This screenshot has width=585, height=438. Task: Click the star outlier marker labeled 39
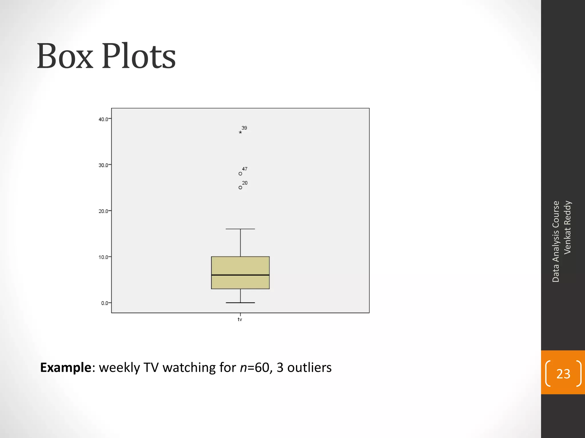click(x=240, y=132)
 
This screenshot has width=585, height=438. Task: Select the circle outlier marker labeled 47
click(x=240, y=174)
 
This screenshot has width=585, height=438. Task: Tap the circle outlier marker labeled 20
click(x=240, y=188)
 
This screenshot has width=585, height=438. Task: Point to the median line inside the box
click(x=240, y=275)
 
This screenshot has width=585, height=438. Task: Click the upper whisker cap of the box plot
click(x=240, y=229)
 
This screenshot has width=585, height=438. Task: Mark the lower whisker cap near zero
click(x=240, y=303)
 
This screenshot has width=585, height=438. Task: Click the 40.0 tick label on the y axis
click(x=103, y=119)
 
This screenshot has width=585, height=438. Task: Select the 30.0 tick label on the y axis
click(x=103, y=165)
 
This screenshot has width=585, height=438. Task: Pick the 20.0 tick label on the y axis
click(x=103, y=211)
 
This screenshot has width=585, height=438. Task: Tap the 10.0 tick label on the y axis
click(x=103, y=257)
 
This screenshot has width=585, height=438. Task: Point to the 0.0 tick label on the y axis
click(x=104, y=303)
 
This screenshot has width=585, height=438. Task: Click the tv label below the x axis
click(x=240, y=319)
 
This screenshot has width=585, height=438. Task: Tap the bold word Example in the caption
click(x=65, y=368)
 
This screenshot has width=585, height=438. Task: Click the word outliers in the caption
click(x=309, y=368)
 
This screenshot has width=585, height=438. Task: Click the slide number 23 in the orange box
click(x=563, y=374)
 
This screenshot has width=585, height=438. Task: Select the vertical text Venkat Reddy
click(x=567, y=227)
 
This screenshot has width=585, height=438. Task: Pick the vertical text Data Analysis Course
click(x=556, y=242)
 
